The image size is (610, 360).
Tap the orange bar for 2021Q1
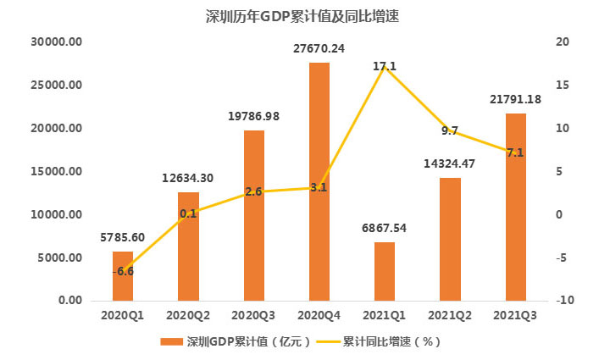(384, 271)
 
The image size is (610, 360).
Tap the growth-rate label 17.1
(384, 65)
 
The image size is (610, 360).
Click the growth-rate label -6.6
(125, 271)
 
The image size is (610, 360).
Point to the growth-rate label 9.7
(450, 130)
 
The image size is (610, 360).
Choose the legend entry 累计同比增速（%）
(390, 341)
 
